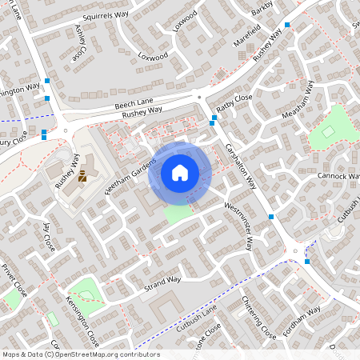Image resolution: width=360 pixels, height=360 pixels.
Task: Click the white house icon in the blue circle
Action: point(180,172)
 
